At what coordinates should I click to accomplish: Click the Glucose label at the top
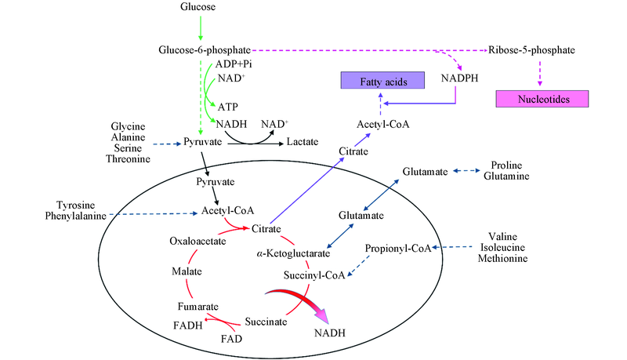click(x=199, y=7)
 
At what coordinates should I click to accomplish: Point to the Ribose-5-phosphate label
click(x=531, y=50)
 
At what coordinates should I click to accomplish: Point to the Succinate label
click(x=263, y=322)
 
